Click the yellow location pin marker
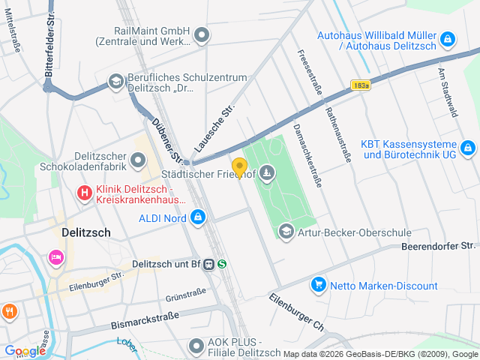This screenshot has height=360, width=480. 239,167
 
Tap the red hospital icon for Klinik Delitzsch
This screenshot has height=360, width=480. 85,193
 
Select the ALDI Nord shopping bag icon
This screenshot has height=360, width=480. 197,218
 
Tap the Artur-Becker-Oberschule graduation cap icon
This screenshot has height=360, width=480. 286,232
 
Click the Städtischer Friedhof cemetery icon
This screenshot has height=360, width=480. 268,175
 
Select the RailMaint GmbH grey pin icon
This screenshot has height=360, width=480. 202,34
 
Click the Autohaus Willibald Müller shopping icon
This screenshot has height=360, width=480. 447,37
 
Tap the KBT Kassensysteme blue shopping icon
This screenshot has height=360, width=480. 467,148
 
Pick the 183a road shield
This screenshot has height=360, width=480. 360,85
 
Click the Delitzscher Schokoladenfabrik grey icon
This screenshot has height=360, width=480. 138,160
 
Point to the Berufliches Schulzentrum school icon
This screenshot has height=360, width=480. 116,81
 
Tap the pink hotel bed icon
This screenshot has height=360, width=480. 55,257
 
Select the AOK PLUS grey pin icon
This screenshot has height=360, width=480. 196,346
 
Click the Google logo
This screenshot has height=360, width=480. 25,351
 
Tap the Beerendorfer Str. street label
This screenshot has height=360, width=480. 439,245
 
